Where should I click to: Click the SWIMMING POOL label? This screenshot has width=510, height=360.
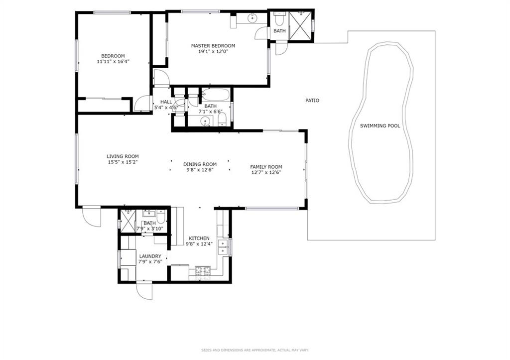(x=380, y=126)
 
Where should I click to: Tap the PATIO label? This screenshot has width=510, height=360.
(x=312, y=101)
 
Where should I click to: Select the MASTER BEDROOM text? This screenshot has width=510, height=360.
(x=213, y=46)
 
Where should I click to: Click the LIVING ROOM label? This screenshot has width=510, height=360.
(x=123, y=156)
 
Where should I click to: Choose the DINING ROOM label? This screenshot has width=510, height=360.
(x=200, y=164)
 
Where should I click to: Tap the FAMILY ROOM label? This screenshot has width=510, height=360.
(x=266, y=167)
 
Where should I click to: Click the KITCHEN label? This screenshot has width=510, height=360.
(x=199, y=239)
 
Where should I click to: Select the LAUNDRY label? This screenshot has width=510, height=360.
(x=150, y=256)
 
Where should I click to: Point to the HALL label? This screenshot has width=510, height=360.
(x=166, y=102)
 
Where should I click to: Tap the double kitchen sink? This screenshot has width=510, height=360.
(x=223, y=247)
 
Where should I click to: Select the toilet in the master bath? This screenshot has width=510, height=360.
(x=279, y=19)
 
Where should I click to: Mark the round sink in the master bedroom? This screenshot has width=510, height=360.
(x=253, y=18)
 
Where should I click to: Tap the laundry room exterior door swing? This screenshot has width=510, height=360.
(x=144, y=290)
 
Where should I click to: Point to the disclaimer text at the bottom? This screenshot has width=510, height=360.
(x=255, y=350)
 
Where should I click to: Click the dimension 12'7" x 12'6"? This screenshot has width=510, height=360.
(x=266, y=172)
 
